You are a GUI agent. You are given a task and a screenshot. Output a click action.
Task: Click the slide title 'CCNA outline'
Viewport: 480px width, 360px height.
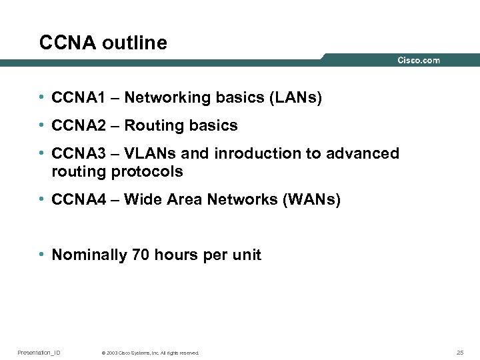coord(103,43)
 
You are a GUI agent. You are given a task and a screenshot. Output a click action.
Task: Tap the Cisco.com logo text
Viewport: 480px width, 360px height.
coord(419,61)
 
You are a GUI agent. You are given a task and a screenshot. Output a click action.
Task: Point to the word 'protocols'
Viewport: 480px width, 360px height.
coord(147,171)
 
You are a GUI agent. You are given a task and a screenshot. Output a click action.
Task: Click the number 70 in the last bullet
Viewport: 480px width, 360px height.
coord(141,255)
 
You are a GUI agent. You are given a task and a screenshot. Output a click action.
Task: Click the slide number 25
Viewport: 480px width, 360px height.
coord(460,352)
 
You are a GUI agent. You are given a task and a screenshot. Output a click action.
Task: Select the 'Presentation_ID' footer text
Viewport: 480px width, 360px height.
coord(39,352)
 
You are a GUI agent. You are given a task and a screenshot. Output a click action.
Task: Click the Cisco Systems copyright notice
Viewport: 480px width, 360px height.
coord(150,353)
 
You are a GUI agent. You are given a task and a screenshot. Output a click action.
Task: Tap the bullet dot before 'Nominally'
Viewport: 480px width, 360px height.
coord(41,255)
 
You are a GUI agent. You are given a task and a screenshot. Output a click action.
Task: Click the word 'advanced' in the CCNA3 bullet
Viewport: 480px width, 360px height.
coord(363,154)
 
